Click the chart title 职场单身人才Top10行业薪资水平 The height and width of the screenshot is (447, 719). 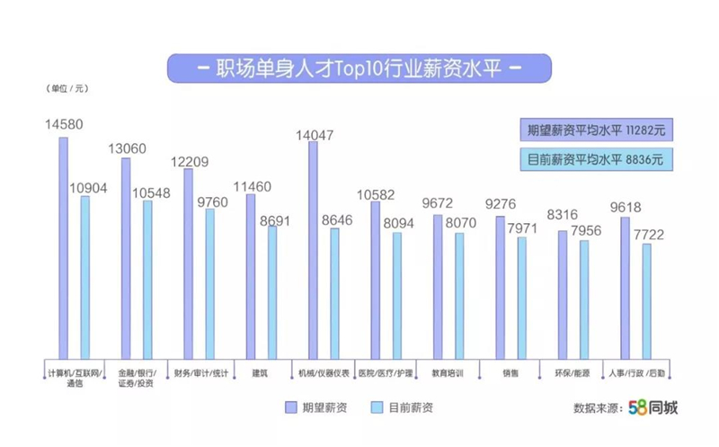(x=359, y=68)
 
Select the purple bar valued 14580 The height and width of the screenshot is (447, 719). (x=63, y=248)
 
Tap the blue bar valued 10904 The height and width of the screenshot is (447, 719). (x=85, y=278)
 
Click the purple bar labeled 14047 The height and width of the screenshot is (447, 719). (x=313, y=250)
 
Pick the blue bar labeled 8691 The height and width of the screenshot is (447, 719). (x=272, y=292)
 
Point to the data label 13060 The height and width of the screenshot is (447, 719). (x=127, y=148)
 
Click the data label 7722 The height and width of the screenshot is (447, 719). (x=649, y=235)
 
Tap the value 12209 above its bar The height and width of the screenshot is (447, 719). (x=190, y=162)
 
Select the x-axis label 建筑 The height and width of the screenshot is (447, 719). (x=260, y=373)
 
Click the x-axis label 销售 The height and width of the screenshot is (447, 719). (x=510, y=373)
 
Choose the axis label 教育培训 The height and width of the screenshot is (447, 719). (x=448, y=373)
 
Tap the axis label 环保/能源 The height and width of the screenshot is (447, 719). (x=573, y=373)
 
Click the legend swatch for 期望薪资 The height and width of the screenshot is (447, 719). (x=290, y=407)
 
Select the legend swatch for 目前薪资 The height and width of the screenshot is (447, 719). (x=377, y=407)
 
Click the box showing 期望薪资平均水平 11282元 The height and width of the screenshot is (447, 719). (x=596, y=130)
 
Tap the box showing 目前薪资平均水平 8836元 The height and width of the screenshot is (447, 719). (x=596, y=159)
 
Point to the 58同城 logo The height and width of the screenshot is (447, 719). (x=653, y=407)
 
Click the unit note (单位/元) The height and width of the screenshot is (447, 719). (x=67, y=88)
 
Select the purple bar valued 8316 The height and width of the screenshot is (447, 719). (x=563, y=295)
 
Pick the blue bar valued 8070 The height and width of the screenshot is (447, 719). (x=459, y=296)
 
